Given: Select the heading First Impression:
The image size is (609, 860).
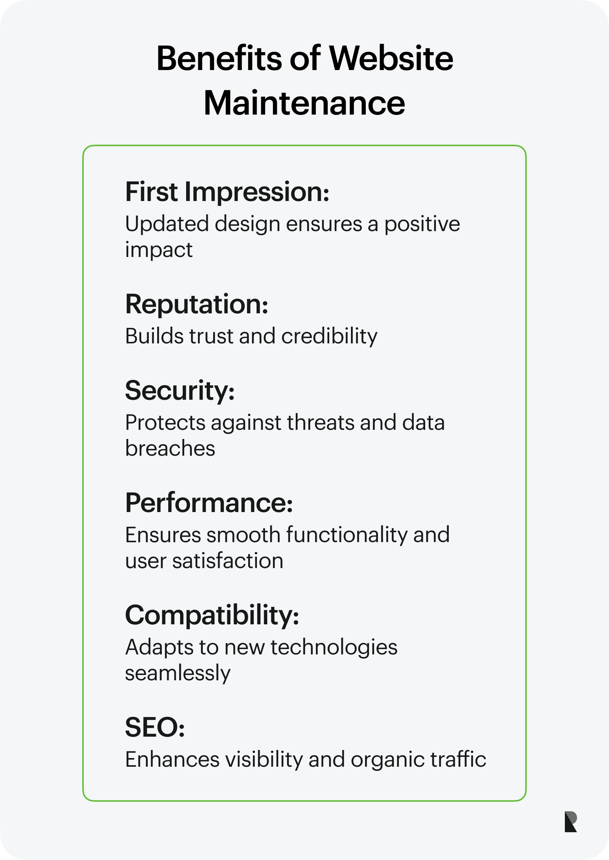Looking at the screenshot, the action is [227, 192].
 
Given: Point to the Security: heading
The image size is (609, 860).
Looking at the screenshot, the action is [180, 391].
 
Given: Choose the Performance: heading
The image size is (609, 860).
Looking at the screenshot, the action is [209, 503].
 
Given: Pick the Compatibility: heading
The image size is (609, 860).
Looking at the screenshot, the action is [212, 616].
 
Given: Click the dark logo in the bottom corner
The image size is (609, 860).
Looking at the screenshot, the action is [571, 822].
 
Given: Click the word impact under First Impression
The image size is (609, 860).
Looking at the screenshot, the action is [159, 251].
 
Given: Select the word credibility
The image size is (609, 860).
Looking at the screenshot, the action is [329, 337].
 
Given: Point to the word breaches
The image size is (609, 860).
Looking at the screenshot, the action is [170, 448].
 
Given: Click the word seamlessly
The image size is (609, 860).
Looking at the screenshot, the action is [178, 674].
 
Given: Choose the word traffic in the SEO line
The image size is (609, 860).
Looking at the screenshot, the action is [458, 759].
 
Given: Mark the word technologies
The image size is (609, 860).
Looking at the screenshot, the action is [334, 648].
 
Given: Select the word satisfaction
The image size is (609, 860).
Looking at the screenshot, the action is [228, 561].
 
